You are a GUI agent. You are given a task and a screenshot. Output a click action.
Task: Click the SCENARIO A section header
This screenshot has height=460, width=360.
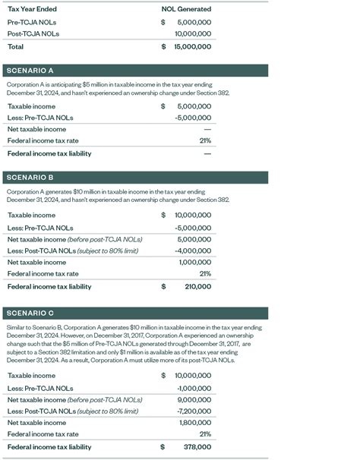30,71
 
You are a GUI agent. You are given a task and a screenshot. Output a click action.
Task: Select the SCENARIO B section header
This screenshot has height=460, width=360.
30,178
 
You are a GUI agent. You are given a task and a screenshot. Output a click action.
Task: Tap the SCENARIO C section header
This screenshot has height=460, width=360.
30,313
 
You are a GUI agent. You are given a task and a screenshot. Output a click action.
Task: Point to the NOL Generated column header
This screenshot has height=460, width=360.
186,9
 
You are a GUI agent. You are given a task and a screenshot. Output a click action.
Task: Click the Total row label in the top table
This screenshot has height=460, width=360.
16,46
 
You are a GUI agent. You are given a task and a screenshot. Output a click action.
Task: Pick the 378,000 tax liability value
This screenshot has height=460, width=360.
196,447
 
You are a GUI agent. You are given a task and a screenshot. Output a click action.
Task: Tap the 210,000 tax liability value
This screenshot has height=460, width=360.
196,287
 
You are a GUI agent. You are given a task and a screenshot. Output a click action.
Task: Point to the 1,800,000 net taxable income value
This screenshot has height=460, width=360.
194,423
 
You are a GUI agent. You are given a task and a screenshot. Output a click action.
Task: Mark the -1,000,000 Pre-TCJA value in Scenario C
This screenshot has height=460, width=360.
194,387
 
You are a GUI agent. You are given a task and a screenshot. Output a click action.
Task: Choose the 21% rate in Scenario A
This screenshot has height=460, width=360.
204,141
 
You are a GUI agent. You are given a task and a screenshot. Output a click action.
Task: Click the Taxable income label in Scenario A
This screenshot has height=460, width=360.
31,106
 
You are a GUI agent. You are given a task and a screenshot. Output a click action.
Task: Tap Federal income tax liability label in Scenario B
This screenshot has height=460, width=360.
49,287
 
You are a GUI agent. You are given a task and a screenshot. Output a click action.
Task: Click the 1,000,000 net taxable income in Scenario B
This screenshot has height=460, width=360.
194,263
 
